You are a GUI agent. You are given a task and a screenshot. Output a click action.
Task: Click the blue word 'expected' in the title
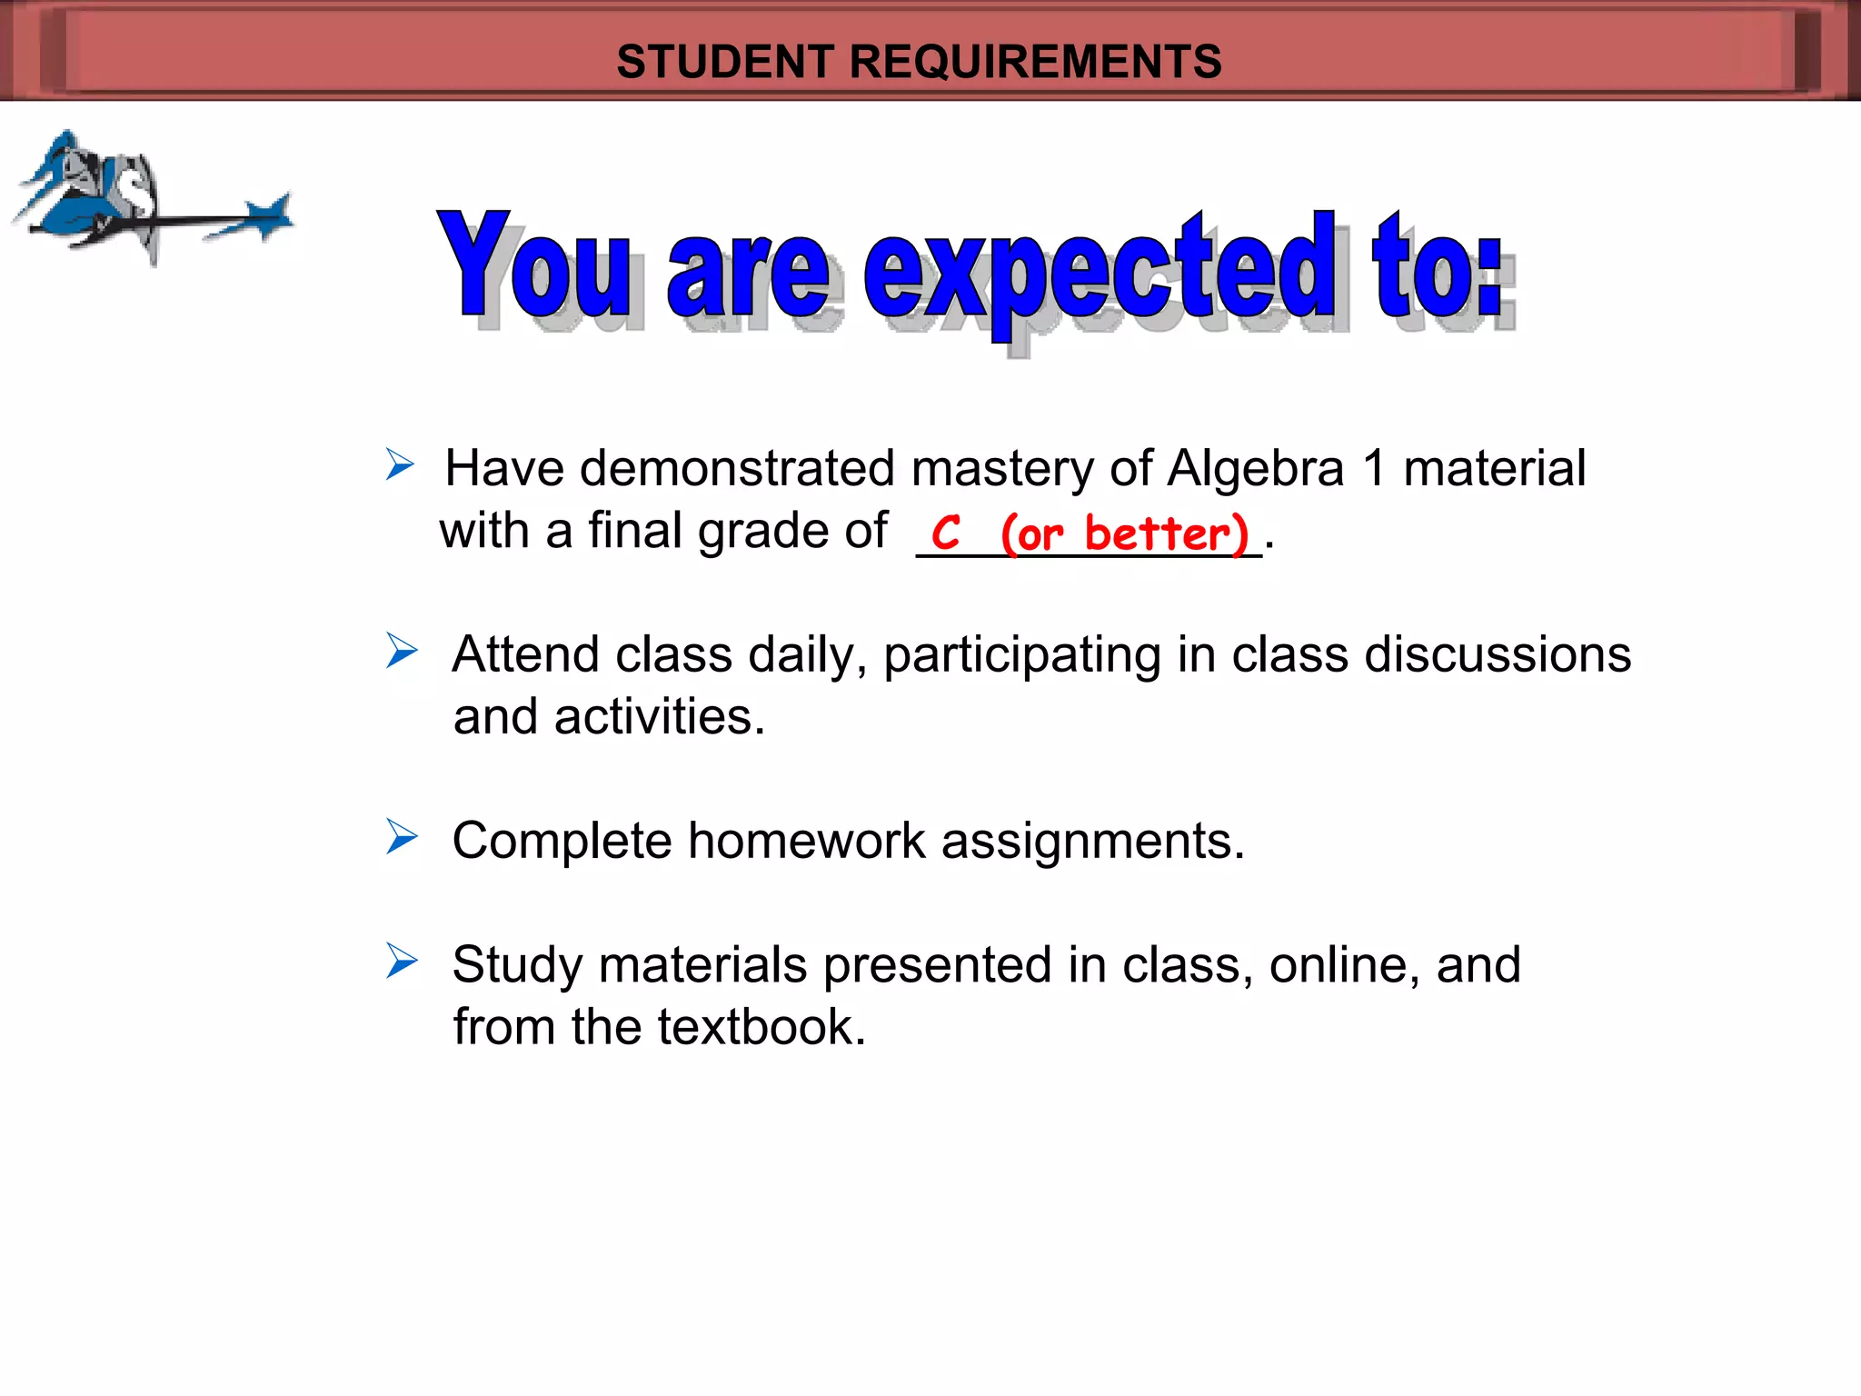coord(1100,269)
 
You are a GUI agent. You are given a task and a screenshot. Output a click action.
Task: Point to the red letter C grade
coord(945,533)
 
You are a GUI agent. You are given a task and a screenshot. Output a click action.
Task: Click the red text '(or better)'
coord(1125,533)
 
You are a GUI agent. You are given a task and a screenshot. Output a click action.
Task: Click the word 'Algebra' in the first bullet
coord(1255,469)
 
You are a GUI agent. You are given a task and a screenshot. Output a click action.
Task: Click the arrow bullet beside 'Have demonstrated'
coord(399,464)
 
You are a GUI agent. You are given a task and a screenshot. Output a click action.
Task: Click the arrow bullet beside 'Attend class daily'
coord(401,651)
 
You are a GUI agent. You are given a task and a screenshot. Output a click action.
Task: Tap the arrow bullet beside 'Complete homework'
coord(401,836)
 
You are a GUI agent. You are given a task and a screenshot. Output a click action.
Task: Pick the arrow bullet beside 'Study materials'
coord(401,961)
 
